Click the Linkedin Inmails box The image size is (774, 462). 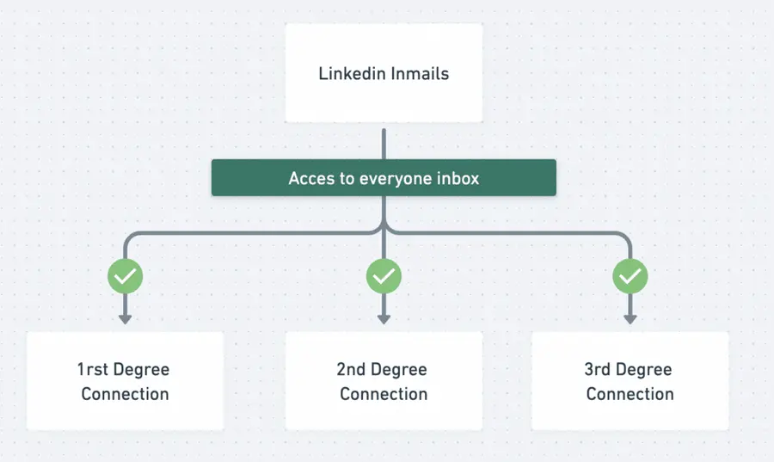[384, 73]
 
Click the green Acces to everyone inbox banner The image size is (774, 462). [384, 178]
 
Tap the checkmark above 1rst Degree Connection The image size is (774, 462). [125, 276]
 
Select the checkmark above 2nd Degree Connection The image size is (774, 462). [384, 276]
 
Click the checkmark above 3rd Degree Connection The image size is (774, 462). [630, 276]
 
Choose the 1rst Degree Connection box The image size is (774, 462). [125, 381]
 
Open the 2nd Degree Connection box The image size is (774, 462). [384, 381]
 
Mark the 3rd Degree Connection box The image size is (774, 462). [630, 381]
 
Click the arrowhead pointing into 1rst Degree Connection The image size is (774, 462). [125, 319]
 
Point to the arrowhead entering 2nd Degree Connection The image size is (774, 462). [384, 319]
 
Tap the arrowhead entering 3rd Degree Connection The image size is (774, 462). [630, 319]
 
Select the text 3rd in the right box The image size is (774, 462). [599, 370]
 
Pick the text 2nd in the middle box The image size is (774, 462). [352, 370]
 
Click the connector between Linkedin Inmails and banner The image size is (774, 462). [384, 143]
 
